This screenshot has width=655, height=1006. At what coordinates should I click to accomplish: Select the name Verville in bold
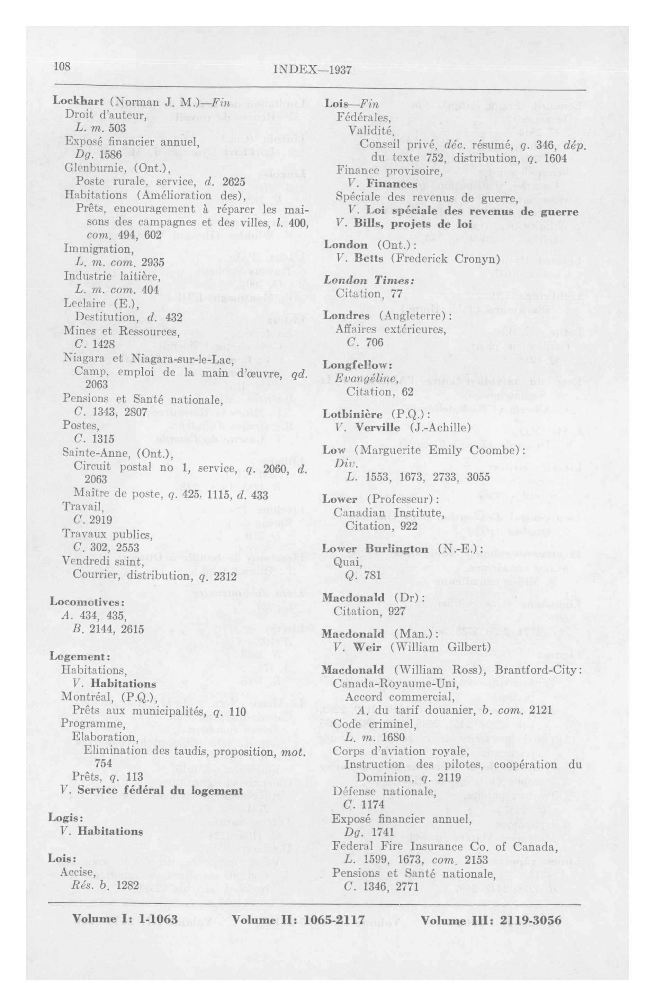[x=377, y=427]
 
